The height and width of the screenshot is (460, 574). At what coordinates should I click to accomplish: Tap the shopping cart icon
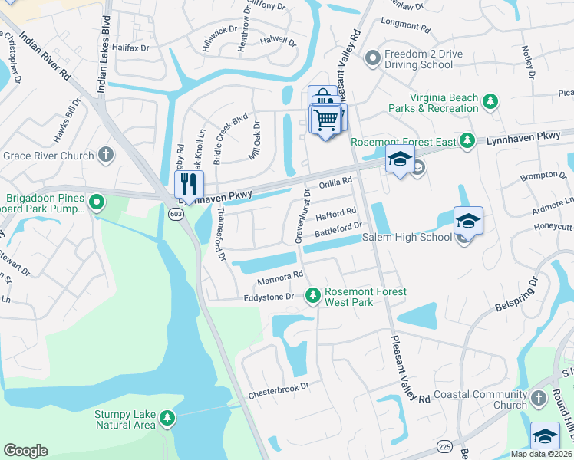click(326, 120)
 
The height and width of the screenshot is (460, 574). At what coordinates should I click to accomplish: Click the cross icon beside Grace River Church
click(107, 156)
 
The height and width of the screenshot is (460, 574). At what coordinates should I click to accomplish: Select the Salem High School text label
click(407, 238)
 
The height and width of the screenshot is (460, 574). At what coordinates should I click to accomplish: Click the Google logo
click(25, 450)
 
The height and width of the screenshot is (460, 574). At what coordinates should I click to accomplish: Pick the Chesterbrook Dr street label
click(278, 391)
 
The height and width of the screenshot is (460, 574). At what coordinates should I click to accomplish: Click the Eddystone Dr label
click(269, 297)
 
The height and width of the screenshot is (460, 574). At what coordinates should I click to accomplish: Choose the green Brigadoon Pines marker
click(96, 203)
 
